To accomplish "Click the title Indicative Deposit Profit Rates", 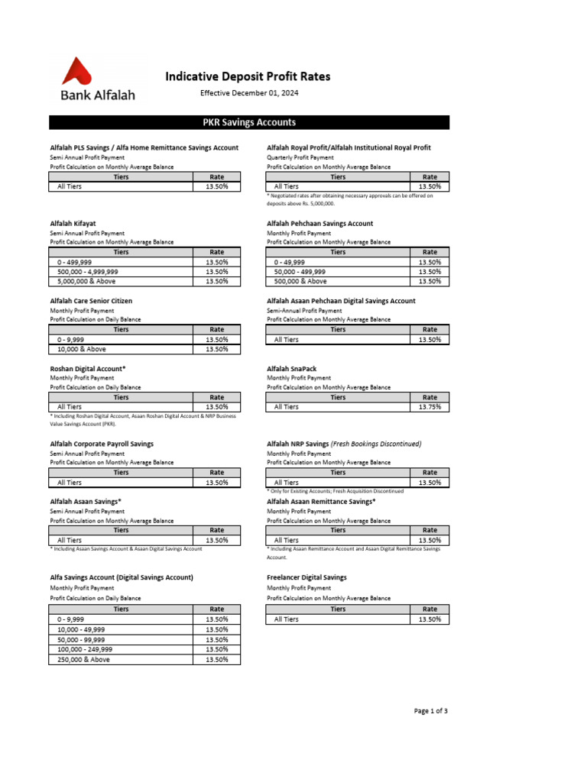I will coord(248,76).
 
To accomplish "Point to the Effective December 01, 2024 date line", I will coord(249,93).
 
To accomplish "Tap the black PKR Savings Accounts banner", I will coord(249,122).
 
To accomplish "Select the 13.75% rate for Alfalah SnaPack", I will coord(430,407).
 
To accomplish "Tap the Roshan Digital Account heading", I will coord(87,369).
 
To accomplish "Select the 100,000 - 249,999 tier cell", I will coord(85,649).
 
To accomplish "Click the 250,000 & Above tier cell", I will coord(83,659).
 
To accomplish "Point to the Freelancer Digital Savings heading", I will coord(306,577).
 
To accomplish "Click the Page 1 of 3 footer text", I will coord(430,711).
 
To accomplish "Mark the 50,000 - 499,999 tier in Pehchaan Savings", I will coord(300,271).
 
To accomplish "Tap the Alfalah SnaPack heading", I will coord(291,369).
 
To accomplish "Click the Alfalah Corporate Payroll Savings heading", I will coord(102,444).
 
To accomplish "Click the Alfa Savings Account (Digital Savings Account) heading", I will coord(122,577).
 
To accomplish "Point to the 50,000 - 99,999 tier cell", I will coord(81,639).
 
